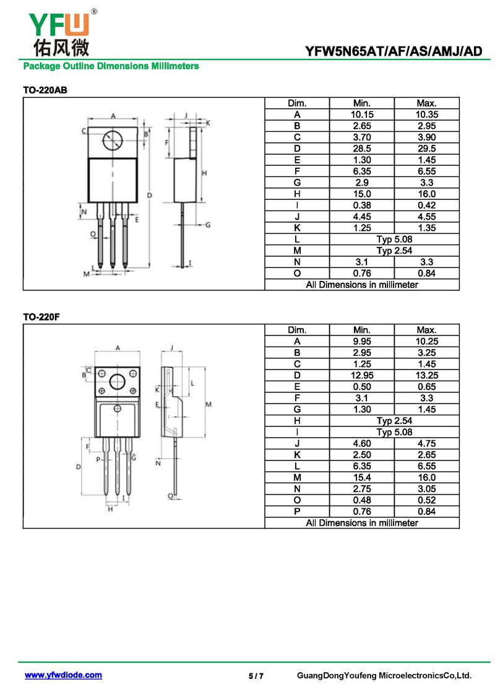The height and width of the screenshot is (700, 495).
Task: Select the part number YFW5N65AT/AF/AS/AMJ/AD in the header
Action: coord(394,51)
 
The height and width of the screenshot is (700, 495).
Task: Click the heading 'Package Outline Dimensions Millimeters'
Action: coord(111,66)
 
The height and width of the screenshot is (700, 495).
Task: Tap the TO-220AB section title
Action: coord(45,90)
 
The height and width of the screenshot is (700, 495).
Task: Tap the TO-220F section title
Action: coord(41,317)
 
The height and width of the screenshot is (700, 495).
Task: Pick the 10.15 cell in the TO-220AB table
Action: coord(362,115)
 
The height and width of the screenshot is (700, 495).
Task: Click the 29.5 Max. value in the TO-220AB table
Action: coord(427,149)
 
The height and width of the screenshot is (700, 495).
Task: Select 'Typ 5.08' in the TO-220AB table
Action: coord(394,240)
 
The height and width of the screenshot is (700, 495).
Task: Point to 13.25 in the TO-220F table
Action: coord(427,376)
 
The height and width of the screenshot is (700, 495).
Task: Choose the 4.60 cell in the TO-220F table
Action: coord(362,443)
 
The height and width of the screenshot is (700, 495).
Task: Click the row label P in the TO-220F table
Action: coord(297,512)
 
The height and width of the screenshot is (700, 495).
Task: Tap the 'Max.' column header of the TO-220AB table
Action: coord(427,103)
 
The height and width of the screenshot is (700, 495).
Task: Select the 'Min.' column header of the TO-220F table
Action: coord(362,330)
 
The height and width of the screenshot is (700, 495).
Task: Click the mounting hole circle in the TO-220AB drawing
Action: coord(112,141)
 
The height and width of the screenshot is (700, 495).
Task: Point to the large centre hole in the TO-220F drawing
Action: coord(118,382)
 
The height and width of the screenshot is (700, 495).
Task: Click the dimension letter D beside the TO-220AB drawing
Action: coord(150,195)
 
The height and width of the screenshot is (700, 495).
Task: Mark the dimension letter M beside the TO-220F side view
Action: coord(209,404)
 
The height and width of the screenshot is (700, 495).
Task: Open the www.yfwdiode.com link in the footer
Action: coord(63,675)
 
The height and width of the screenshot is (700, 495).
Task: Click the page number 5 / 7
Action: coord(256,676)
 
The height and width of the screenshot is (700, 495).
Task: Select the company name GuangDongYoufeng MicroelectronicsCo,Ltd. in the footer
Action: coord(384,675)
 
